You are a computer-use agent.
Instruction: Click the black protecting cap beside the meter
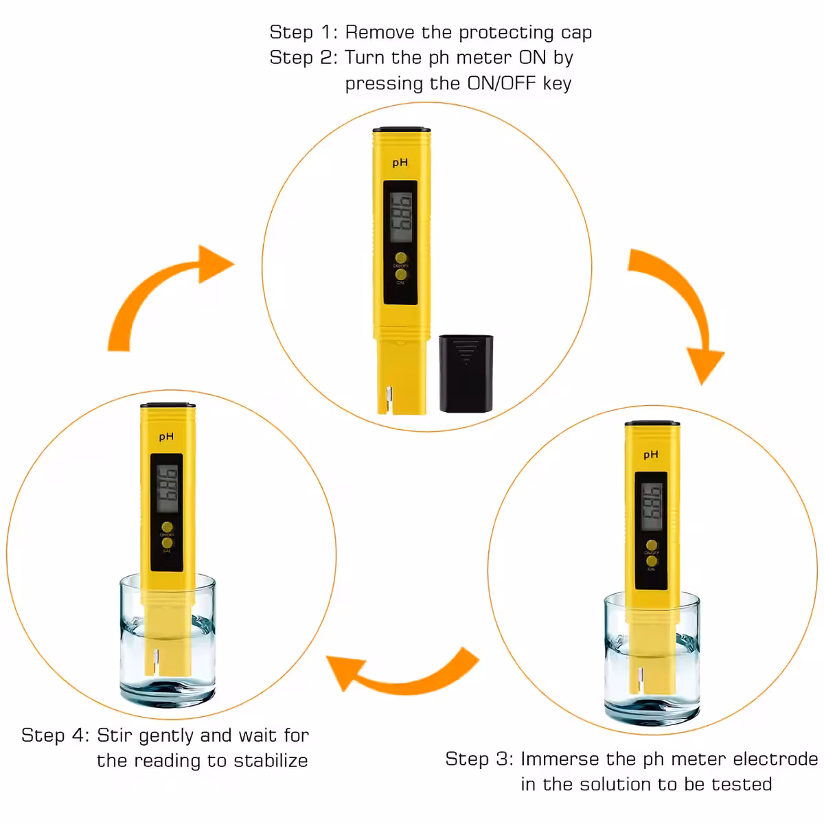coord(466,374)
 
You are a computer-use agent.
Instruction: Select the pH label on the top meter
coord(400,163)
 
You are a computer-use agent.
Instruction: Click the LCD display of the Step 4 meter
coord(167,489)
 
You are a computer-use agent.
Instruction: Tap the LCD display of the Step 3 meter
coord(651,507)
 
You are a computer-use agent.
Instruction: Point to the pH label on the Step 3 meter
coord(650,455)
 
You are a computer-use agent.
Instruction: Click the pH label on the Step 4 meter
coord(166,437)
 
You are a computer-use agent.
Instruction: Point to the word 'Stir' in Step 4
coord(114,735)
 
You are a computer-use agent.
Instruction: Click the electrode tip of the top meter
coord(389,400)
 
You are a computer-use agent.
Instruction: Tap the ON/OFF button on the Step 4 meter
coord(167,527)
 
